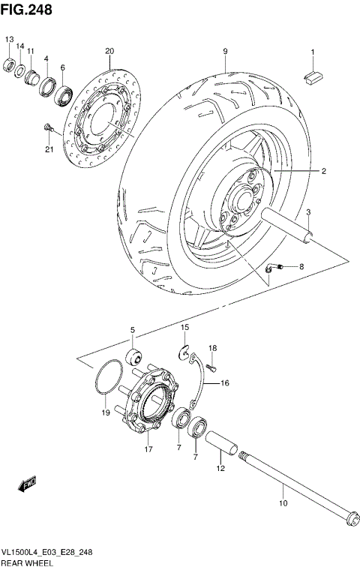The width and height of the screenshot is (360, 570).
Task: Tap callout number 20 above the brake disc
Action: point(109,51)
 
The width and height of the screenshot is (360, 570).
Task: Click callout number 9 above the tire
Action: point(224,51)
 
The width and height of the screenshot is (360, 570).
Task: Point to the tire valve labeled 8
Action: point(274,268)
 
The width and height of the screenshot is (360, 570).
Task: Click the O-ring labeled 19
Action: point(109,376)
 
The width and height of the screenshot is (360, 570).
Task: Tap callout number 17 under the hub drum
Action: point(148,449)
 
